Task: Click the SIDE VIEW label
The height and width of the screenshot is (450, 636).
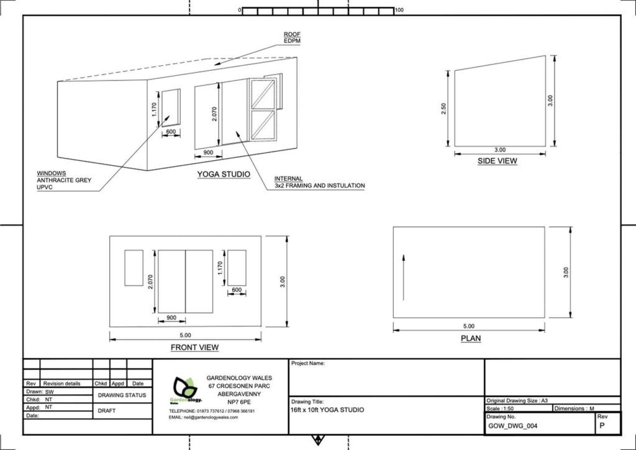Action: tap(497, 161)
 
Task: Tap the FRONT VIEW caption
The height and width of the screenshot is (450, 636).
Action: tap(194, 347)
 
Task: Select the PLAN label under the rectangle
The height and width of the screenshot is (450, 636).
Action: tap(471, 338)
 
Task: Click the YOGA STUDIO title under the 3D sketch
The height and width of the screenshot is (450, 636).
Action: tap(224, 175)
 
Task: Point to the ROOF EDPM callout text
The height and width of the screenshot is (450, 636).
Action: tap(292, 38)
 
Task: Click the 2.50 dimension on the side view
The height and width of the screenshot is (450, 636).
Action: tap(443, 109)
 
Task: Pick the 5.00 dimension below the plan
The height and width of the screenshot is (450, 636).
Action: tap(468, 326)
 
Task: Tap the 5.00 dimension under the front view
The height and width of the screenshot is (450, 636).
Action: tap(185, 335)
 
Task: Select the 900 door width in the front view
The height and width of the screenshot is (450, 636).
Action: tap(171, 318)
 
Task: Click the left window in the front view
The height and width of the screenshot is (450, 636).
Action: tap(134, 268)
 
